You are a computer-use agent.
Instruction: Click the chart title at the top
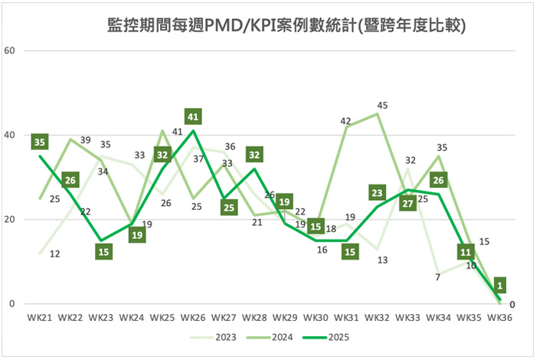click(x=287, y=27)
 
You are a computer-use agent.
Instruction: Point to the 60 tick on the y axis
click(x=11, y=51)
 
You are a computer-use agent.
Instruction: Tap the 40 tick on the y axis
click(x=11, y=135)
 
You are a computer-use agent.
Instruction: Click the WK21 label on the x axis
click(x=40, y=316)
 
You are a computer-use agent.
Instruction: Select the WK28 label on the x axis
click(x=253, y=316)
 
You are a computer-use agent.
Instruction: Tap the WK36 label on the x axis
click(x=498, y=316)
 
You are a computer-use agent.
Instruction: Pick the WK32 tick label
click(x=377, y=316)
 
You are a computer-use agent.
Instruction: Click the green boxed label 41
click(x=194, y=117)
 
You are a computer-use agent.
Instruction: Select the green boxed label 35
click(x=40, y=142)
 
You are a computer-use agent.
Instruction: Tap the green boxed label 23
click(x=377, y=192)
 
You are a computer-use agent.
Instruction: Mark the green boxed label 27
click(x=407, y=204)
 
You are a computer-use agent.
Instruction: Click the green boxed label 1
click(x=499, y=285)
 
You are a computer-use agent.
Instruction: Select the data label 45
click(x=382, y=105)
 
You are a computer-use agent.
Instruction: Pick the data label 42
click(x=345, y=120)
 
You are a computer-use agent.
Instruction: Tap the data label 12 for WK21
click(x=54, y=254)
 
